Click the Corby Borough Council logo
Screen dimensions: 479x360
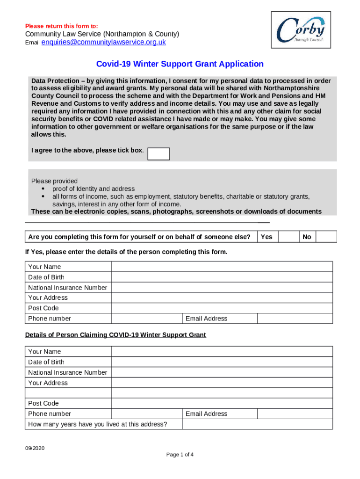pos(301,30)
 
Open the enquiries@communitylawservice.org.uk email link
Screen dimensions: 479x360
pos(104,43)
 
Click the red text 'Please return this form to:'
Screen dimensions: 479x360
pos(61,26)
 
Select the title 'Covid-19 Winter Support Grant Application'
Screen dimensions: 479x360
pos(180,64)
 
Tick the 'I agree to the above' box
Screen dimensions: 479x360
pos(158,153)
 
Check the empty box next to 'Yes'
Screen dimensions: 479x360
pos(288,237)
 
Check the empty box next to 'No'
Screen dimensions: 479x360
pos(326,237)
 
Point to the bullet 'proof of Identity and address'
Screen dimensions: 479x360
pos(94,189)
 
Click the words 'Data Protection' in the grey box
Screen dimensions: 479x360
pos(52,81)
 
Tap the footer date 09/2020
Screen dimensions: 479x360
pos(35,449)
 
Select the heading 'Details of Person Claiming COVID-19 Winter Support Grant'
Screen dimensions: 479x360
pos(115,335)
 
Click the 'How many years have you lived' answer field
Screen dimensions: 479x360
pos(257,424)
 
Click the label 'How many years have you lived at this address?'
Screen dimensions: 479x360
pos(98,424)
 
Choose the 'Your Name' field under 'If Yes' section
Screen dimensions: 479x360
pos(222,267)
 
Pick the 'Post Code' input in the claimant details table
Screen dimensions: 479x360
pos(222,403)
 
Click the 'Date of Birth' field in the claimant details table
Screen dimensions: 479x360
pos(222,362)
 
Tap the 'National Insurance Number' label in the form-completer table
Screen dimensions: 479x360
pos(68,288)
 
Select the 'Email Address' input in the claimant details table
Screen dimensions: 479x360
pos(295,414)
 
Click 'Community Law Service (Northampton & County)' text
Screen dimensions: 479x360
pos(102,34)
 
